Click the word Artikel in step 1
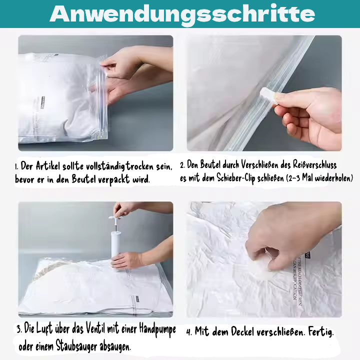(x=47, y=166)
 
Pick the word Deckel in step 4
(x=249, y=331)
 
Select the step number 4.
(x=188, y=332)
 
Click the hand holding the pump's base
(x=127, y=260)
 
